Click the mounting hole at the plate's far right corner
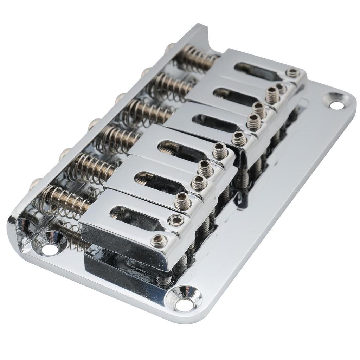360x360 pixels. pos(335,102)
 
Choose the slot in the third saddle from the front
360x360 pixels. pos(179,149)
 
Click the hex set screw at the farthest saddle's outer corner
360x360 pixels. pos(292,73)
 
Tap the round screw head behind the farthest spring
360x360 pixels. pos(171,46)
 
